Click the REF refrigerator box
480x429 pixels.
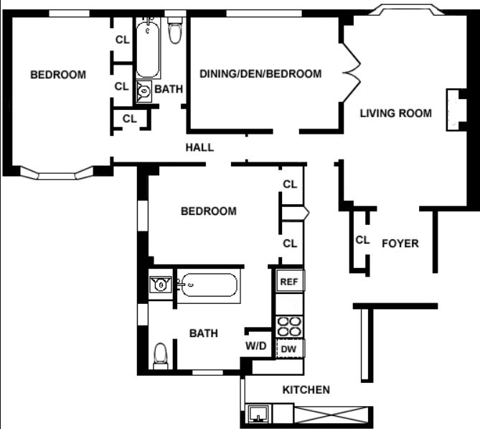click(289, 282)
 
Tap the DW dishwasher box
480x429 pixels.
click(289, 349)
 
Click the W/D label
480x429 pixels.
click(256, 346)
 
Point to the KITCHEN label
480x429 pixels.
click(306, 390)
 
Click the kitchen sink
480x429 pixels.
click(258, 413)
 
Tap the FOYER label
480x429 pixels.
click(400, 244)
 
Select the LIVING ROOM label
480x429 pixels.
click(396, 113)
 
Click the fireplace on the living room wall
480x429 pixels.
click(454, 109)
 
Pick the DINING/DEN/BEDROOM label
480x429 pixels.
click(260, 74)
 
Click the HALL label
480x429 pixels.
click(199, 147)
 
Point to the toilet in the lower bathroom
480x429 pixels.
click(161, 355)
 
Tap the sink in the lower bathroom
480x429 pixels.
click(161, 284)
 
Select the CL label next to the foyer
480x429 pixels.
click(362, 240)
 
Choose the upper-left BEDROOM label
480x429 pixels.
click(58, 75)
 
